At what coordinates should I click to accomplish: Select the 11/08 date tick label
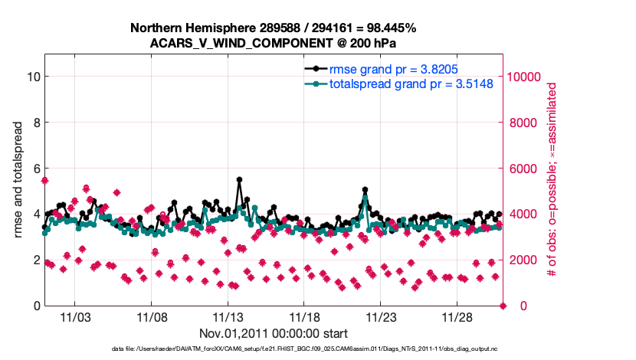pos(152,316)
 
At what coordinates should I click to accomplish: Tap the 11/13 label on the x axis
pos(228,316)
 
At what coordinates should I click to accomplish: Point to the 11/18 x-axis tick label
pos(304,316)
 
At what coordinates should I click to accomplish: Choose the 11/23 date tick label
pos(381,316)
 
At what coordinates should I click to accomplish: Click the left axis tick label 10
pos(33,77)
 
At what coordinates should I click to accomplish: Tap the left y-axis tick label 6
pos(36,168)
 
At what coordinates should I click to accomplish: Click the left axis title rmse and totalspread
pos(17,180)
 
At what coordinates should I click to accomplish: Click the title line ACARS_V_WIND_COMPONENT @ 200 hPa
pos(273,43)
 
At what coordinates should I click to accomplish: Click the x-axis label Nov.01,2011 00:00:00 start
pos(274,333)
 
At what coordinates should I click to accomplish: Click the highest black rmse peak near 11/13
pos(240,179)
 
